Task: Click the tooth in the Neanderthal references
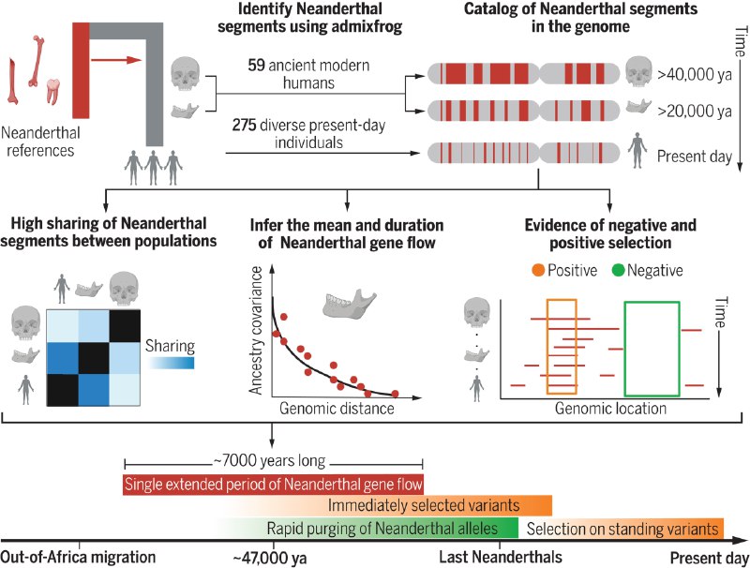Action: tap(52, 91)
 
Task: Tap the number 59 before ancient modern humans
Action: tap(256, 65)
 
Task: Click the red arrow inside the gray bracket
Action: tap(116, 60)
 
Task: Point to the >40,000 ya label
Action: tap(695, 75)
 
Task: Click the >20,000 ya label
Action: tap(695, 112)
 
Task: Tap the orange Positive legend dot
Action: tap(538, 271)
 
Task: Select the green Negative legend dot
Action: tap(619, 271)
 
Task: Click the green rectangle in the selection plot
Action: tap(624, 349)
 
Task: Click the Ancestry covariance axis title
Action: tap(256, 330)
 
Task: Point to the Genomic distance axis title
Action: tap(337, 409)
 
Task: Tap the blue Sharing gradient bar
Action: tap(172, 363)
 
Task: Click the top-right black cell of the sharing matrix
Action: tap(125, 325)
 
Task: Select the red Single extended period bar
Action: tap(273, 485)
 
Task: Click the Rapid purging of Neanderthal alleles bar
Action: tap(367, 529)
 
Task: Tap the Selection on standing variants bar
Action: tap(622, 529)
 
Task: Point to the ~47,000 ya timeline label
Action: tap(270, 559)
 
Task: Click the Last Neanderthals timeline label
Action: tap(501, 557)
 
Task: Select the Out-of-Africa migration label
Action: tap(78, 557)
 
